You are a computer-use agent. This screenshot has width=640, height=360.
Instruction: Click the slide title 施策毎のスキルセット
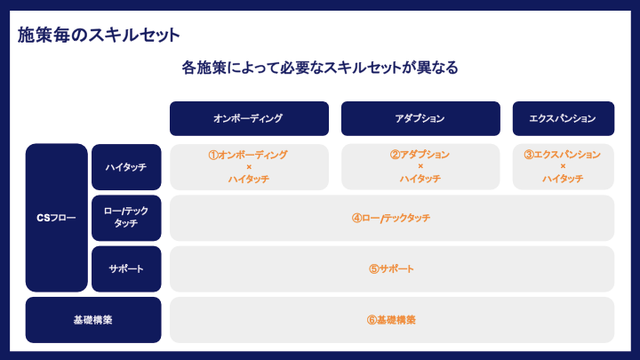(x=99, y=36)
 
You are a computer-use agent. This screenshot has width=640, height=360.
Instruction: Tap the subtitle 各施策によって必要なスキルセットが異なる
(x=319, y=68)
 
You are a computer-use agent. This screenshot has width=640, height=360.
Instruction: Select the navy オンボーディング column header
(x=249, y=118)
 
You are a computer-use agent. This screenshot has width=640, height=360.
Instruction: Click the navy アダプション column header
(x=420, y=118)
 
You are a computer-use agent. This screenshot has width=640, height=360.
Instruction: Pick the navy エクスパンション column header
(x=563, y=118)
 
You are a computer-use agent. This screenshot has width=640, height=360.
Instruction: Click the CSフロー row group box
(x=57, y=218)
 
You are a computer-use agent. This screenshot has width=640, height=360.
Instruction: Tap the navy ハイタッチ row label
(x=126, y=167)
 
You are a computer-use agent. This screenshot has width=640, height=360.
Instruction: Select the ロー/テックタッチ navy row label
(x=126, y=218)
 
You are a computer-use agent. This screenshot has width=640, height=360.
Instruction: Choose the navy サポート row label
(x=126, y=268)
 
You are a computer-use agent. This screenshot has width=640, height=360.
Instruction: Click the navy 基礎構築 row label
(x=93, y=319)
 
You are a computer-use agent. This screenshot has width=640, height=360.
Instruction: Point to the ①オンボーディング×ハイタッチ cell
(x=249, y=167)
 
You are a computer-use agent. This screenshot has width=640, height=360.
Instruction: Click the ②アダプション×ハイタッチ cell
(x=420, y=167)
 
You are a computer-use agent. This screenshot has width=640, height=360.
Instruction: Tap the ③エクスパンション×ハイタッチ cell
(x=563, y=167)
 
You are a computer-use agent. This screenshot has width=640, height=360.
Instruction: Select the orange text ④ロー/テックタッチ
(x=391, y=218)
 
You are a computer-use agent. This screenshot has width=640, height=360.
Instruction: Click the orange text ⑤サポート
(x=391, y=268)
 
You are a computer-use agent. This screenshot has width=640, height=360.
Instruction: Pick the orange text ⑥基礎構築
(x=391, y=319)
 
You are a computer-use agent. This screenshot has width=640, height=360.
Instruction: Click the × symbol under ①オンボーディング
(x=249, y=167)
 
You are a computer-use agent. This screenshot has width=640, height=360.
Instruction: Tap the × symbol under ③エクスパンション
(x=563, y=167)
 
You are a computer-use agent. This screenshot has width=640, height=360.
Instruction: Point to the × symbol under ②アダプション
(x=420, y=167)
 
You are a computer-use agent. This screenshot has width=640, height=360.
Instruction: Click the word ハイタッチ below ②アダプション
(x=420, y=179)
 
